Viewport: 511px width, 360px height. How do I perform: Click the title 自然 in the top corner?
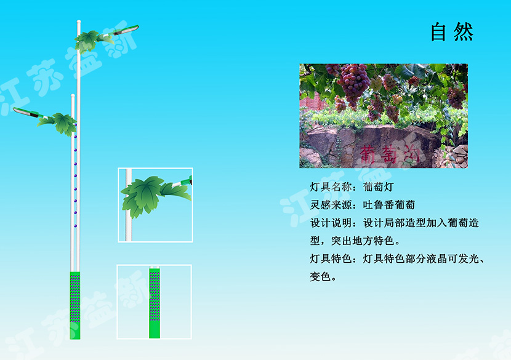point(452,32)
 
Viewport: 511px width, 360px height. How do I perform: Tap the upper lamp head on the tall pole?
point(126,30)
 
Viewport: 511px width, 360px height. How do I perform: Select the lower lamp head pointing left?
point(26,112)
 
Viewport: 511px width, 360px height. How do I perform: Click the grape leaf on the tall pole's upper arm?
point(87,41)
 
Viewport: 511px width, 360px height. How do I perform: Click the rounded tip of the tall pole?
point(79,22)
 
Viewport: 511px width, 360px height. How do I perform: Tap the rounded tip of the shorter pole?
point(73,96)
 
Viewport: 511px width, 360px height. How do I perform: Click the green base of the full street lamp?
point(75,305)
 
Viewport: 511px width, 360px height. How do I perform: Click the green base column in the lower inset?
point(155,303)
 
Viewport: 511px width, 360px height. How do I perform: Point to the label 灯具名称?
point(331,187)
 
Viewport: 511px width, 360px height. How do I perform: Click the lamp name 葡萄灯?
point(379,187)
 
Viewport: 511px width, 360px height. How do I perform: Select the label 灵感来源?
point(331,205)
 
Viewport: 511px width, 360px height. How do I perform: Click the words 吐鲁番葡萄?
point(388,205)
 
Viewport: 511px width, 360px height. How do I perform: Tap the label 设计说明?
point(331,223)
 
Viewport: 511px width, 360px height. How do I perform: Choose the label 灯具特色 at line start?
point(331,258)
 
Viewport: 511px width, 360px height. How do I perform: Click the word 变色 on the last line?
point(320,276)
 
